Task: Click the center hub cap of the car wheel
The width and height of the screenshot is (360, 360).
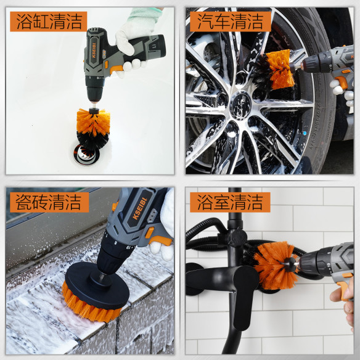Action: pos(240,106)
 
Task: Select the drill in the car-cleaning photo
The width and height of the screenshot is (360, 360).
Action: pos(327,64)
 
